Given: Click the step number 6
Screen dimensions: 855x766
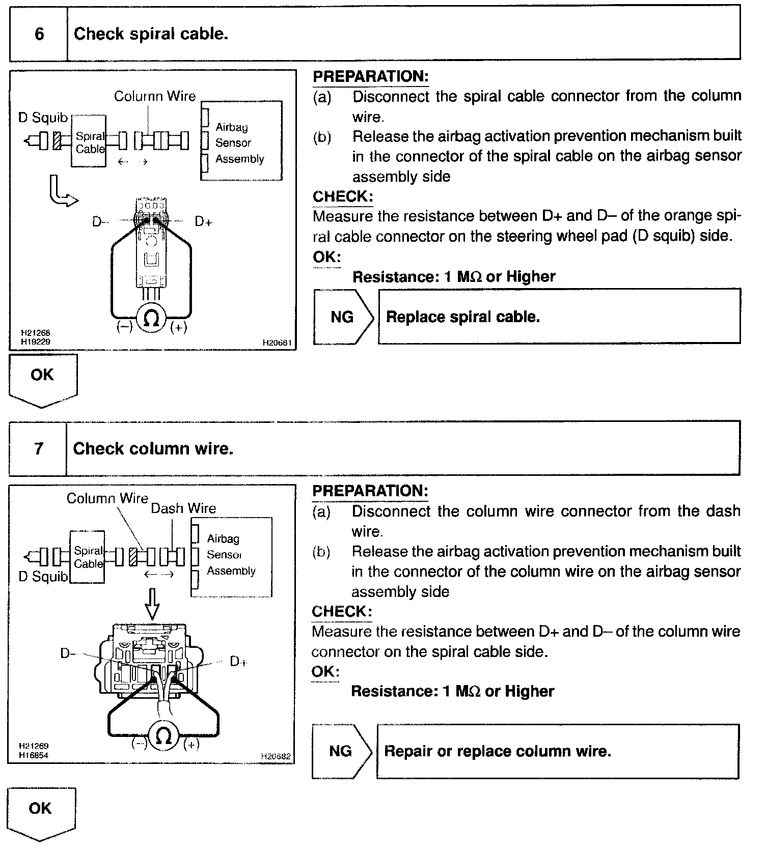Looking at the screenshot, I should pyautogui.click(x=39, y=34).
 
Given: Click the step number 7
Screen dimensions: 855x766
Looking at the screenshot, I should pyautogui.click(x=39, y=449).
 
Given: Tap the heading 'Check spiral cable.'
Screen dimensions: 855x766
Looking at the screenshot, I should pyautogui.click(x=151, y=34).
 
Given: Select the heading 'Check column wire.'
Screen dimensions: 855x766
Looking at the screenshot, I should pyautogui.click(x=153, y=449).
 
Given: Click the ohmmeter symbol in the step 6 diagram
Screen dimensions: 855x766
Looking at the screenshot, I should pyautogui.click(x=151, y=319).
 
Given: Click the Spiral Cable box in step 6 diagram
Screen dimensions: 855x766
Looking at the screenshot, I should pyautogui.click(x=89, y=141).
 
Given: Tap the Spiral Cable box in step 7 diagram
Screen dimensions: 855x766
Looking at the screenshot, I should pyautogui.click(x=88, y=557).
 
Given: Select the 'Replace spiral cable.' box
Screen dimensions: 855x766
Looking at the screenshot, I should pyautogui.click(x=559, y=317).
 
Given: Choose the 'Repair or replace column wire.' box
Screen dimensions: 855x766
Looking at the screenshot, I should pyautogui.click(x=557, y=751).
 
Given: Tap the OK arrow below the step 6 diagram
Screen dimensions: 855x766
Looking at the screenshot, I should pyautogui.click(x=43, y=379).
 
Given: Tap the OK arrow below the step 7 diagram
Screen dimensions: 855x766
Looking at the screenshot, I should pyautogui.click(x=41, y=813).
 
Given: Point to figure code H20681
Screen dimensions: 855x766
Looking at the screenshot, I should pyautogui.click(x=277, y=343).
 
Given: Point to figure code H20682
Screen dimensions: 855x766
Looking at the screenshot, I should pyautogui.click(x=276, y=756).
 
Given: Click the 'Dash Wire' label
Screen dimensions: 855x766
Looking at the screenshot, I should pyautogui.click(x=183, y=508).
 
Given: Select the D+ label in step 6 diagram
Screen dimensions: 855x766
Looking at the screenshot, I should pyautogui.click(x=203, y=221).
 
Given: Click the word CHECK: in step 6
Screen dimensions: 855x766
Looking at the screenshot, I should pyautogui.click(x=342, y=196).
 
